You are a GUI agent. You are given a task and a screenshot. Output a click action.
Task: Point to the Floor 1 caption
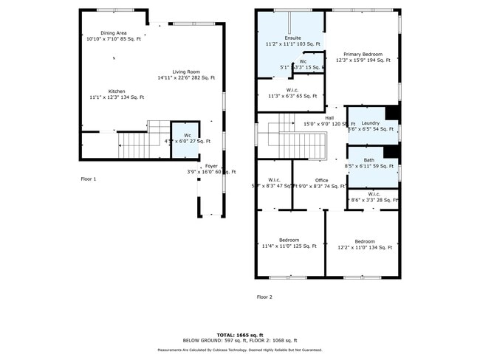[89, 179]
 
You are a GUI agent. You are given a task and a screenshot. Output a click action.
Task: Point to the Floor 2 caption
[264, 297]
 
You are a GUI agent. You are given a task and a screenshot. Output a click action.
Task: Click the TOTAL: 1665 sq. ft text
[240, 333]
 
